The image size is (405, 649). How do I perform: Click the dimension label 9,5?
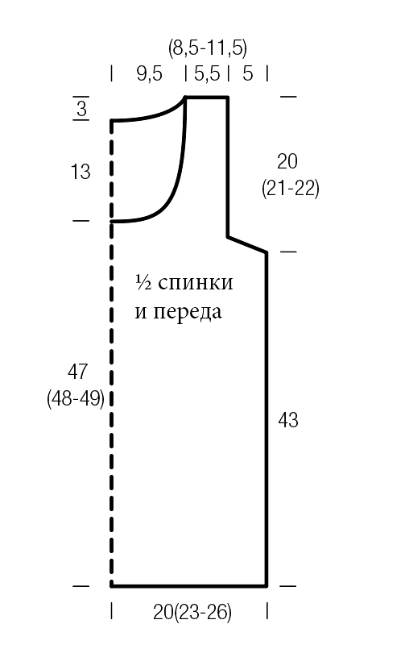point(150,73)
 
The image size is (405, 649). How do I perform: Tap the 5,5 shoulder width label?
point(207,73)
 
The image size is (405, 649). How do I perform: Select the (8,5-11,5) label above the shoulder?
point(208,48)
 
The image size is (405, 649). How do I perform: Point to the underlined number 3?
point(81,109)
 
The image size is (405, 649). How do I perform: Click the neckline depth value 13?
point(81,172)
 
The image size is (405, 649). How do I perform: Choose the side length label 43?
point(288,420)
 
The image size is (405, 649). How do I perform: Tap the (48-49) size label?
point(76,398)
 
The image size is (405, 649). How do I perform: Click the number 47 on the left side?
point(77,372)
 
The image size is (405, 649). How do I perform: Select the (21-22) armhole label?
point(291,189)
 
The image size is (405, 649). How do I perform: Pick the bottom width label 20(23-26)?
point(192,612)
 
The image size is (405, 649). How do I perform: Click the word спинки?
point(196,283)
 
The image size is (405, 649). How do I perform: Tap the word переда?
point(188,313)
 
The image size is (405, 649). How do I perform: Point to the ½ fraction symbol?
point(143,282)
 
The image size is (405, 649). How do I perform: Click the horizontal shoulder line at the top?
point(207,98)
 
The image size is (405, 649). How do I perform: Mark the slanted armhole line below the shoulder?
point(247,244)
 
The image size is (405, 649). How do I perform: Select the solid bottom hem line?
point(189,586)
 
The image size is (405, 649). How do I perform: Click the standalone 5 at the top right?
point(247,73)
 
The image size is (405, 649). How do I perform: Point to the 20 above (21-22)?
point(287,161)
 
